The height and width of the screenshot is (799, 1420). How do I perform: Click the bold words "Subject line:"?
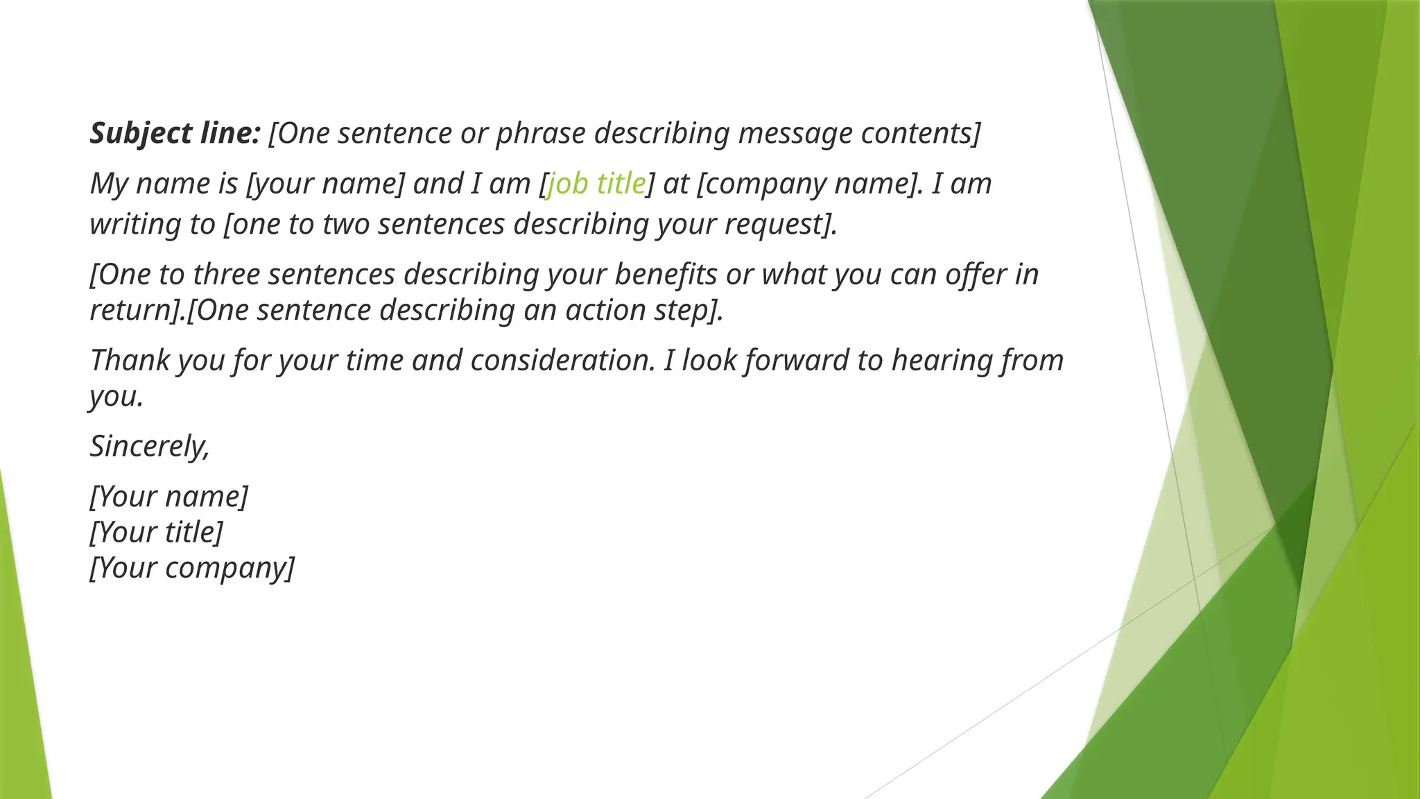(x=175, y=133)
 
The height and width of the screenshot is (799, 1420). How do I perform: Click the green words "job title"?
(x=596, y=184)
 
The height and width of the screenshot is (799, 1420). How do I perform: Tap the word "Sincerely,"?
(x=150, y=446)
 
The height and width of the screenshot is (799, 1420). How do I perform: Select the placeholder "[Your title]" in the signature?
(x=157, y=532)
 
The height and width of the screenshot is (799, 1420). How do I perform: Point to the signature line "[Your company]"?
(x=192, y=567)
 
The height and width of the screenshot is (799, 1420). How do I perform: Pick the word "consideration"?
(x=562, y=361)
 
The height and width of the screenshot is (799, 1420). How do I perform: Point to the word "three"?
(x=226, y=275)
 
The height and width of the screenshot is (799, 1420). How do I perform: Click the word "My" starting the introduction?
(x=109, y=184)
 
